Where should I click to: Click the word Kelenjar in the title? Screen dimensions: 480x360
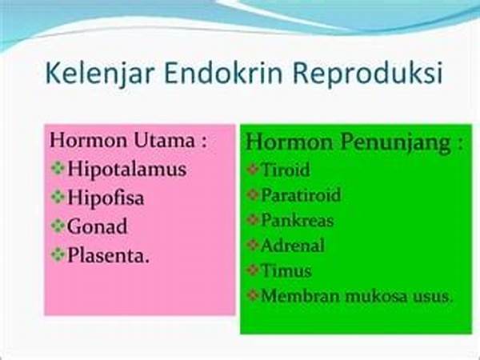[x=99, y=74]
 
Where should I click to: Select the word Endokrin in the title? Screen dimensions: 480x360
[x=223, y=73]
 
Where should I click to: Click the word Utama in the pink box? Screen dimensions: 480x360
[x=164, y=141]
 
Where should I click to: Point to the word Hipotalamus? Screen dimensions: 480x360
[x=126, y=169]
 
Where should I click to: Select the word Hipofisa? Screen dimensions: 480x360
[x=106, y=198]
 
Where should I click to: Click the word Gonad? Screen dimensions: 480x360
[x=97, y=226]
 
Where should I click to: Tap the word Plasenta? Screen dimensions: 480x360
[x=108, y=254]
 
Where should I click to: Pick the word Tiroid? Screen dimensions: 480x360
[x=286, y=170]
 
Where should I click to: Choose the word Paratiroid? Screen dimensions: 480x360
[x=301, y=195]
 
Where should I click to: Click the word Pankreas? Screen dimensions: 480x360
[x=297, y=221]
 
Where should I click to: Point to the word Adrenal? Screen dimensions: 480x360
[x=292, y=246]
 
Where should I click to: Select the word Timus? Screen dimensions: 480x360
[x=286, y=271]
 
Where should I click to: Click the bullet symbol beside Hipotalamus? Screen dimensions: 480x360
[x=58, y=168]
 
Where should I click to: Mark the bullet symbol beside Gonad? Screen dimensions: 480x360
[x=58, y=226]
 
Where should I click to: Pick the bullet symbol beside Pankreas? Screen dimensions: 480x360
[x=253, y=220]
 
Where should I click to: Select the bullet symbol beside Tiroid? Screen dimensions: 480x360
[x=253, y=169]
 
